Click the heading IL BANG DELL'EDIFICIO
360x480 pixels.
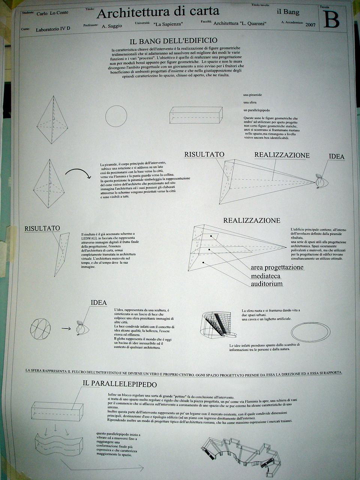(x=173, y=40)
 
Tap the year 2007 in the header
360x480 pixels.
(x=310, y=25)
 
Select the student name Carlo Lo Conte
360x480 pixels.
(x=52, y=13)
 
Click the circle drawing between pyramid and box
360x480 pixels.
(x=116, y=116)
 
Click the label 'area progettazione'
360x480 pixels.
(x=277, y=267)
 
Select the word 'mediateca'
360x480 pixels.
(x=266, y=276)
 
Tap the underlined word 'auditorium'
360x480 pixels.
(x=267, y=284)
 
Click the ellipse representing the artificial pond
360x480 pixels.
(x=310, y=332)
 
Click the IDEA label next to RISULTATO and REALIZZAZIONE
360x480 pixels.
(x=336, y=156)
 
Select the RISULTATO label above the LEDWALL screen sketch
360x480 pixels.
(x=42, y=228)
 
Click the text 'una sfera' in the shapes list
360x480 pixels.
(x=250, y=102)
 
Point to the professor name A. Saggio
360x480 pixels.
(x=110, y=27)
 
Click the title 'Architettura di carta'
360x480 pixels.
(x=158, y=13)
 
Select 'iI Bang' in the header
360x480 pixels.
(x=288, y=12)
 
